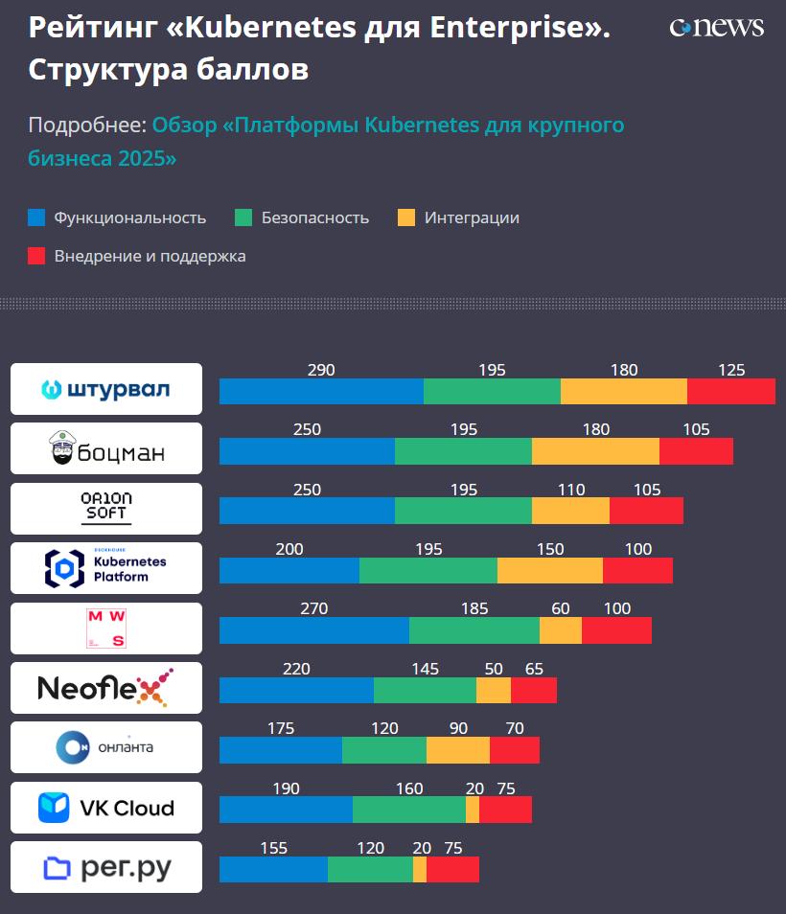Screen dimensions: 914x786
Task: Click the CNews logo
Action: (x=716, y=27)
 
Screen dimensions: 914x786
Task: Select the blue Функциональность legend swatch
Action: (x=37, y=217)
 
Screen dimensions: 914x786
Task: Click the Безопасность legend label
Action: (x=314, y=217)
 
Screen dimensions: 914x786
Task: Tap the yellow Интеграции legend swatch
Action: (x=406, y=217)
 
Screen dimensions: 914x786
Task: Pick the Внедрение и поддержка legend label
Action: (x=150, y=256)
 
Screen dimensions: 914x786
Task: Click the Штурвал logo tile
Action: (x=106, y=389)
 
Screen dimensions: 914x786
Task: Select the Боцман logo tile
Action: (x=106, y=448)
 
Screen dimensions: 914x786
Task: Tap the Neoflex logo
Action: (x=106, y=688)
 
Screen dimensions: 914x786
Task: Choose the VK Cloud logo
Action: (x=106, y=808)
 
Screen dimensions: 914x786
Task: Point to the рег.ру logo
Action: (x=106, y=867)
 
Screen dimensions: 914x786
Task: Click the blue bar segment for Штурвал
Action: (x=321, y=391)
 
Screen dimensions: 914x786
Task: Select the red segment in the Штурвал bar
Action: (x=730, y=391)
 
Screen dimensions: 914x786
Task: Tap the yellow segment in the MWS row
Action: (x=561, y=630)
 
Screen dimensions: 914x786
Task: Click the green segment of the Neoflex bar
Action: (x=425, y=691)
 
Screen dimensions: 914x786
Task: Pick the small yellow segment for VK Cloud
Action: (x=473, y=810)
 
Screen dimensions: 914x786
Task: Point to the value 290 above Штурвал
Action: (x=321, y=370)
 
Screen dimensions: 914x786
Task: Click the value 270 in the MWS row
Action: (x=313, y=608)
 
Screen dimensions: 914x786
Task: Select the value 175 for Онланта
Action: (x=281, y=728)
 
